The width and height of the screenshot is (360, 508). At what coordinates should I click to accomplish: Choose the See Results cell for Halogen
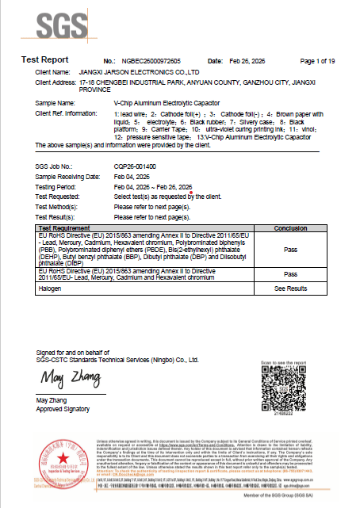tap(290, 288)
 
